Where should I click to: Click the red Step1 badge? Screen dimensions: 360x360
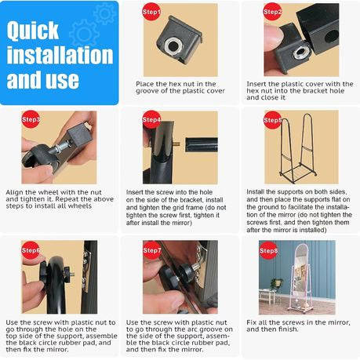tap(151, 12)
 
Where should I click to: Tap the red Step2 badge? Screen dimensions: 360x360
tap(272, 12)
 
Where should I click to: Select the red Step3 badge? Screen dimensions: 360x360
tap(31, 119)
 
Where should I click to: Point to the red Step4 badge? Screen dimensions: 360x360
tap(151, 119)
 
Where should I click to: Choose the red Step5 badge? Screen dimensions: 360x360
tap(273, 120)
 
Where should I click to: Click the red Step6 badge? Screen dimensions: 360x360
tap(31, 250)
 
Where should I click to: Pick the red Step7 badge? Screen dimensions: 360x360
tap(151, 250)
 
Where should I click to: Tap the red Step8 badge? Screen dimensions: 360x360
tap(268, 250)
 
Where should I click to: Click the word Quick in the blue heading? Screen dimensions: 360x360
tap(33, 31)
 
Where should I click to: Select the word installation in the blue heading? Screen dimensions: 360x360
tap(60, 55)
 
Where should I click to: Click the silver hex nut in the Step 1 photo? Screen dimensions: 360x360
tap(173, 45)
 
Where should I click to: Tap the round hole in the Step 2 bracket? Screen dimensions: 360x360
tap(331, 37)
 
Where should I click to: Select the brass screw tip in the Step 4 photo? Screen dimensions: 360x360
tap(177, 144)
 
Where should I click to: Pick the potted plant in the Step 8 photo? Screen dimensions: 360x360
tap(277, 284)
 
